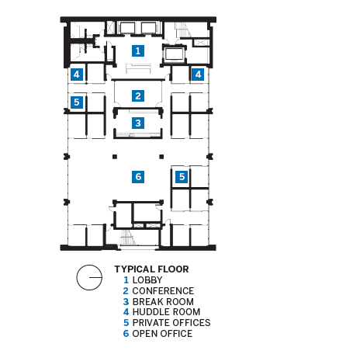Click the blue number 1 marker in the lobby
138,50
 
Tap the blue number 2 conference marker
138,95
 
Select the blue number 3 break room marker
138,123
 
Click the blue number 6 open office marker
138,177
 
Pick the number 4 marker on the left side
77,75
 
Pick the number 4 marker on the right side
198,75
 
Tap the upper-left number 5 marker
77,102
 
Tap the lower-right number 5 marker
182,177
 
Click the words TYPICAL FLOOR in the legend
151,269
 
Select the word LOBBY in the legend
147,280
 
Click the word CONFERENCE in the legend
163,291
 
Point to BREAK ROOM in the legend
163,302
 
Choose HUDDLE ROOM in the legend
166,312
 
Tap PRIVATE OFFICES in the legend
171,323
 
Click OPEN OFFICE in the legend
162,334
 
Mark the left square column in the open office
115,157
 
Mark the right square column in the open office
161,157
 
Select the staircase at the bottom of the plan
128,238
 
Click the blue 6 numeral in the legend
126,334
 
